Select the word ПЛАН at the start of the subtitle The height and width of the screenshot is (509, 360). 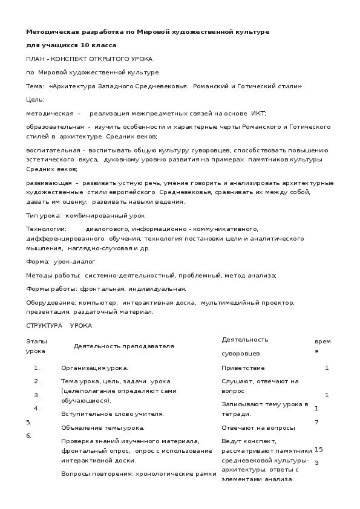point(35,59)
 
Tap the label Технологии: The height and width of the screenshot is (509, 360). point(46,229)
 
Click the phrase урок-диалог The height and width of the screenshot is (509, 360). point(71,262)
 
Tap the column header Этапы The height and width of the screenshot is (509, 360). point(36,342)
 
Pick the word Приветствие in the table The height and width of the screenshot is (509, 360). point(243,368)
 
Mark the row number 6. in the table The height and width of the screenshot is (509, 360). point(28,435)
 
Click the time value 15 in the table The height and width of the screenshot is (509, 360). point(319,449)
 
